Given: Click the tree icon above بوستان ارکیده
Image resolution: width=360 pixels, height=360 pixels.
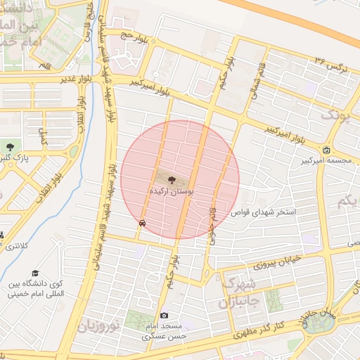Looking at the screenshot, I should pyautogui.click(x=173, y=180).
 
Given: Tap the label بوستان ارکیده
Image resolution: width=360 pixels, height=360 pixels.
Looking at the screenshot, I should pyautogui.click(x=172, y=191).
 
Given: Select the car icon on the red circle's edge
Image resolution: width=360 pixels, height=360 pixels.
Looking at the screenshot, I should pyautogui.click(x=143, y=222).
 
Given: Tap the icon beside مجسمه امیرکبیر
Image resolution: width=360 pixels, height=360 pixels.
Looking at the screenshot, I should pyautogui.click(x=326, y=149).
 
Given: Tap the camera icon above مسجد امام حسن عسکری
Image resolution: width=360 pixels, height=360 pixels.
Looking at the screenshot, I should pyautogui.click(x=165, y=316).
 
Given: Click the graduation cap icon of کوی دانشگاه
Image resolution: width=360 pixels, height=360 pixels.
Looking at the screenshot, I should pyautogui.click(x=34, y=274).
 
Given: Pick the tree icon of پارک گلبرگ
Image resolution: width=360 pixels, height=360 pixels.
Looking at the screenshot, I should pyautogui.click(x=9, y=146).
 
